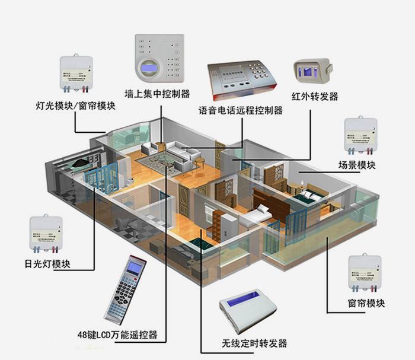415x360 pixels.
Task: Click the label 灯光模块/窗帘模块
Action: pyautogui.click(x=75, y=106)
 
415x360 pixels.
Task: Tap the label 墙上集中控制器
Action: pyautogui.click(x=157, y=94)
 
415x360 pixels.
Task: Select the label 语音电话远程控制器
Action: pyautogui.click(x=241, y=110)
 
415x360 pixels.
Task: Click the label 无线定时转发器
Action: pyautogui.click(x=254, y=343)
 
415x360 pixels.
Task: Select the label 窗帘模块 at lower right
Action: pyautogui.click(x=366, y=304)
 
